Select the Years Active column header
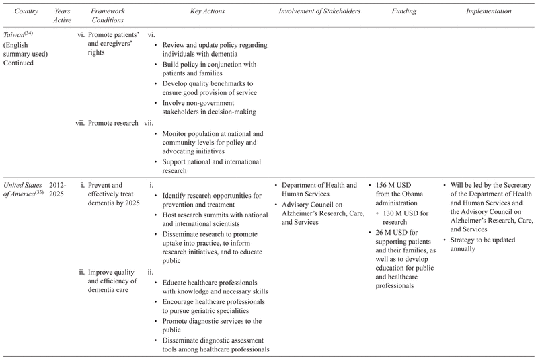tap(59, 16)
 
